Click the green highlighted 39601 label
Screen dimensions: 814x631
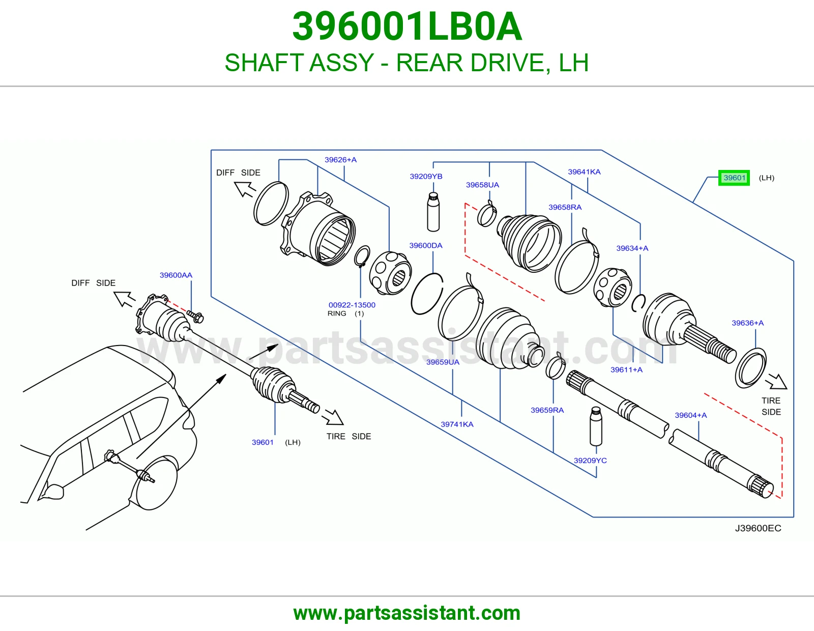coord(734,178)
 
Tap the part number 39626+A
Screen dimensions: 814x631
coord(340,160)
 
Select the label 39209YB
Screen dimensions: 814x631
coord(426,176)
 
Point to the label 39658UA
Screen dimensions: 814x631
coord(482,185)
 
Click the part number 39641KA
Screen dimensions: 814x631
coord(584,171)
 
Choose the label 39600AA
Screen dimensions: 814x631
coord(176,275)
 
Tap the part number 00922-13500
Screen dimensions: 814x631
coord(352,305)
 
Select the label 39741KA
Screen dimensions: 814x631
coord(457,424)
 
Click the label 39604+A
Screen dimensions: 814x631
coord(691,415)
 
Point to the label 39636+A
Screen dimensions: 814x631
coord(748,323)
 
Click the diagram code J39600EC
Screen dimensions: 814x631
coord(758,528)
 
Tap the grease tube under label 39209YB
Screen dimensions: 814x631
coord(433,212)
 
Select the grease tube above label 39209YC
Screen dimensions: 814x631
coord(596,426)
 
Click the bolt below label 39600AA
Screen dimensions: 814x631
coord(195,317)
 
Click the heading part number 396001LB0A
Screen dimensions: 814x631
coord(407,26)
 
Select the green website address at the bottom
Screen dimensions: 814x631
coord(407,613)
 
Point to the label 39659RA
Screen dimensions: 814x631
coord(547,410)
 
